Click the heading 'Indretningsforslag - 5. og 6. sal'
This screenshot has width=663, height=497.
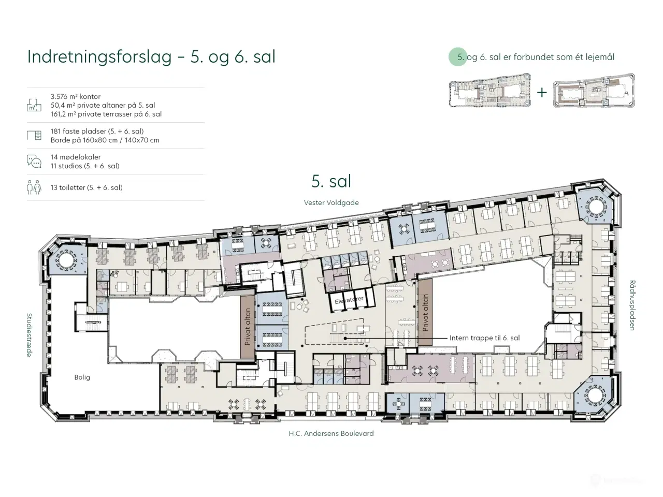click(x=151, y=56)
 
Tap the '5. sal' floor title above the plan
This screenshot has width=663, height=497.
click(x=331, y=181)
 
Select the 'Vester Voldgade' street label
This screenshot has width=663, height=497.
click(x=331, y=202)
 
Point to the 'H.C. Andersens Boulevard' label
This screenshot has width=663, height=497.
click(x=331, y=433)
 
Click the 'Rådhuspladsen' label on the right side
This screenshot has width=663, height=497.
click(x=632, y=305)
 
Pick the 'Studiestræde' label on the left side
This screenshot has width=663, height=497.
click(x=30, y=334)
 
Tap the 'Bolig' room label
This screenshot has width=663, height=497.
click(x=82, y=377)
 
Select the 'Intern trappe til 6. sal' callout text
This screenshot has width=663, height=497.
click(x=484, y=338)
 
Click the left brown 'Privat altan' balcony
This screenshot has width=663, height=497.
click(x=248, y=326)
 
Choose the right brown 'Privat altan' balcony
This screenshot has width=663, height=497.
click(x=425, y=313)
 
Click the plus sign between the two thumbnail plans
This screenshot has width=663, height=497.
click(x=542, y=93)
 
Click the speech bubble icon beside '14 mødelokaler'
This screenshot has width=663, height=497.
click(x=34, y=162)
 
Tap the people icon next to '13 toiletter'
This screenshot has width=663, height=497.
click(x=34, y=187)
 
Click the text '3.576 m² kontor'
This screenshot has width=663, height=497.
click(x=76, y=96)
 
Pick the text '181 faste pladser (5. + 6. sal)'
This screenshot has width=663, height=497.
click(x=97, y=131)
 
